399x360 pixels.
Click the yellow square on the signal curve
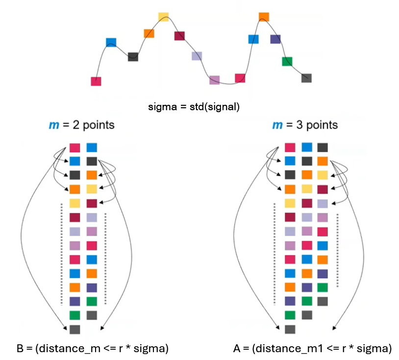[x=163, y=17]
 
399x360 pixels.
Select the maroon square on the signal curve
[x=179, y=36]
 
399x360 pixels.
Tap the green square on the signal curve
[x=287, y=61]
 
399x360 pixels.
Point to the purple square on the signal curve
[x=275, y=39]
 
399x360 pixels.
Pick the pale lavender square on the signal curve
[x=197, y=56]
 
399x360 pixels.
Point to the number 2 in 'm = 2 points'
[x=74, y=125]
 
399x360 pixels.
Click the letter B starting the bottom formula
[x=20, y=349]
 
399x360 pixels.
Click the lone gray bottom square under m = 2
[x=75, y=329]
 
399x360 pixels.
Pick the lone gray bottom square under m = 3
[x=290, y=329]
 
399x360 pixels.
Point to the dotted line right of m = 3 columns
[x=338, y=250]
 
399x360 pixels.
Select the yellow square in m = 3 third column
[x=322, y=175]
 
